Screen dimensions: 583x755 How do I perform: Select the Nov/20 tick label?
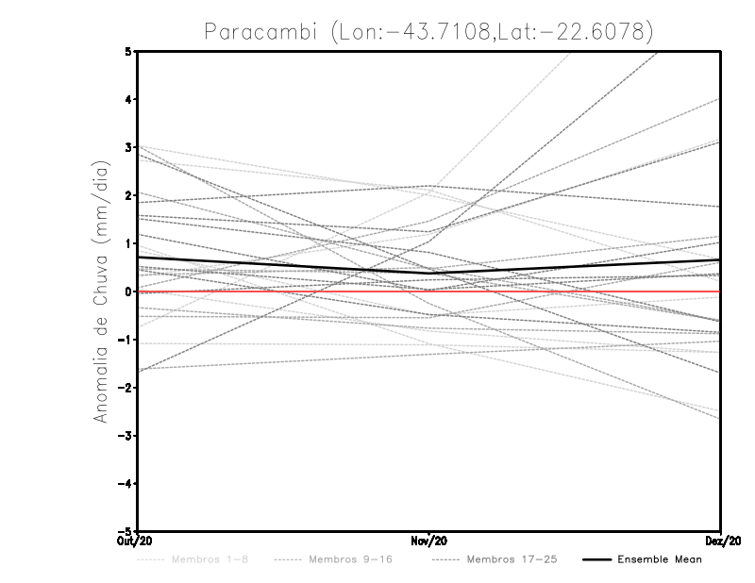tap(429, 541)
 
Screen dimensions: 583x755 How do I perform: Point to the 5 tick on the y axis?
tap(128, 51)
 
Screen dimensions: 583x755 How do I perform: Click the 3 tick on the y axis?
tap(128, 147)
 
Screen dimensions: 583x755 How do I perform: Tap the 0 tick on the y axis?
tap(128, 291)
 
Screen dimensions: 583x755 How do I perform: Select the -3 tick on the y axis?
tap(126, 436)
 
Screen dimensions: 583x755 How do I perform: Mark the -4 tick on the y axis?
tap(126, 484)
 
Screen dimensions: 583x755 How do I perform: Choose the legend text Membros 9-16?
tap(350, 560)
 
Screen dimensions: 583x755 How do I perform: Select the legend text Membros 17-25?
tap(512, 560)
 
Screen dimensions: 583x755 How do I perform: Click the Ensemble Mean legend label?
tap(660, 560)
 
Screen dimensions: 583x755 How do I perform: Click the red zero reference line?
tap(566, 291)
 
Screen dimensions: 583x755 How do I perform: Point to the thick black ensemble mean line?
tap(283, 265)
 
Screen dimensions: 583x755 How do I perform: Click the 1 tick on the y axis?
tap(128, 243)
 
